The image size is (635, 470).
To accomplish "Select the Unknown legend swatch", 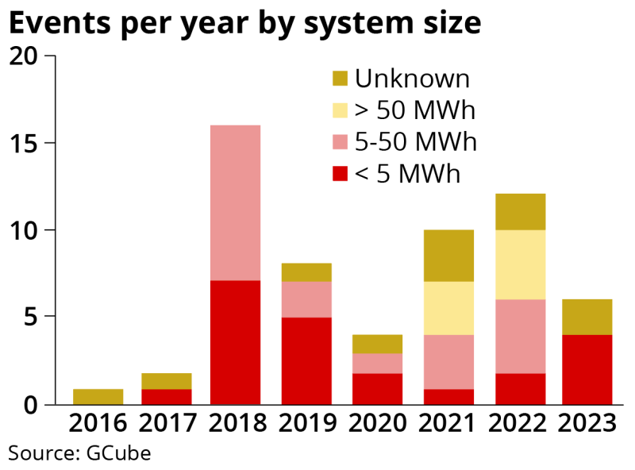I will pyautogui.click(x=340, y=79).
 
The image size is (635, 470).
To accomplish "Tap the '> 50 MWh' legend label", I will pyautogui.click(x=414, y=110).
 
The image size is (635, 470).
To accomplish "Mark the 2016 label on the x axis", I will pyautogui.click(x=97, y=422).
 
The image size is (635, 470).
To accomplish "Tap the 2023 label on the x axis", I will pyautogui.click(x=587, y=422).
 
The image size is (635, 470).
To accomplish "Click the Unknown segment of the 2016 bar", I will pyautogui.click(x=97, y=396).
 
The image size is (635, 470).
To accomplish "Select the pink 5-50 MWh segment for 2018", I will pyautogui.click(x=235, y=202).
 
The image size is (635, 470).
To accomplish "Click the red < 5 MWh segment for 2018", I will pyautogui.click(x=235, y=342).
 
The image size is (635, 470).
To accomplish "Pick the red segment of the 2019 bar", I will pyautogui.click(x=306, y=360).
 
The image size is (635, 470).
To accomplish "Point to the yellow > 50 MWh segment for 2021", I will pyautogui.click(x=448, y=308).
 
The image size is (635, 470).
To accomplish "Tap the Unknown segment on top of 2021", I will pyautogui.click(x=448, y=256).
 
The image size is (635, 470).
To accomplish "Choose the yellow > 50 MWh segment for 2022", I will pyautogui.click(x=520, y=264).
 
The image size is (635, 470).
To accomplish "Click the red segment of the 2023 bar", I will pyautogui.click(x=587, y=369).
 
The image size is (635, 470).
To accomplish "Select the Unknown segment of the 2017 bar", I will pyautogui.click(x=166, y=381).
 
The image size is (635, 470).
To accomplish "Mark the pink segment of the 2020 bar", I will pyautogui.click(x=378, y=363).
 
